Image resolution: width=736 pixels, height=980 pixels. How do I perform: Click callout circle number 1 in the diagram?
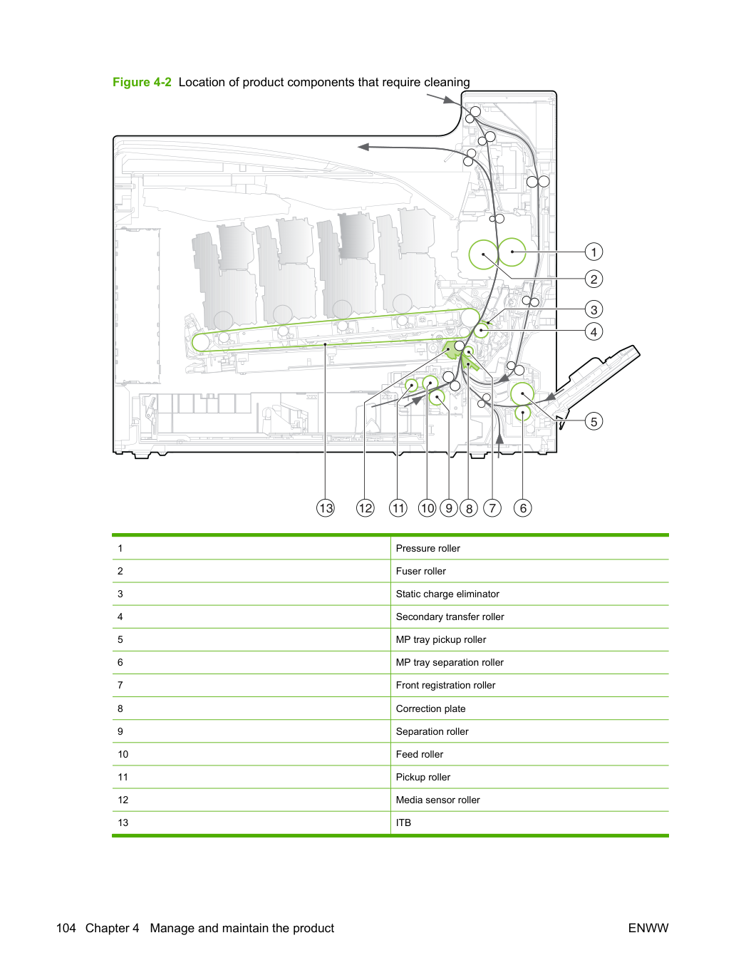point(594,252)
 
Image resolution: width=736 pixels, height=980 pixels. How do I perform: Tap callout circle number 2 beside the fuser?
point(594,279)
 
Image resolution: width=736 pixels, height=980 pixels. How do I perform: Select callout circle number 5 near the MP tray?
point(594,421)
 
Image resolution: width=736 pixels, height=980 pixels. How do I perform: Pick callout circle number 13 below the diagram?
point(326,507)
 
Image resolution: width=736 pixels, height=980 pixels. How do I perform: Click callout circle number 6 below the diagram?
point(522,507)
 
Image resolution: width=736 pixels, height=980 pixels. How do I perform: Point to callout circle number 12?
point(365,507)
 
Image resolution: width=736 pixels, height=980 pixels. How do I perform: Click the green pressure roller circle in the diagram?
point(512,252)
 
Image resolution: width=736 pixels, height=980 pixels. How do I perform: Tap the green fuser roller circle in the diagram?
point(483,254)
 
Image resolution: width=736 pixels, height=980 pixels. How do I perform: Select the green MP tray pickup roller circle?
point(522,394)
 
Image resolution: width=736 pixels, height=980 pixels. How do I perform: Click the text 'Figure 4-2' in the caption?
point(142,82)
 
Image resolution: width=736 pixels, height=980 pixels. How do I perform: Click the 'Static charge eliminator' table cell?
point(447,594)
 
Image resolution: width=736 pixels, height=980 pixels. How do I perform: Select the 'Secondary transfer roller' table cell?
point(450,617)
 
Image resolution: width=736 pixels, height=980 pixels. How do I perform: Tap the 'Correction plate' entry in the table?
point(430,708)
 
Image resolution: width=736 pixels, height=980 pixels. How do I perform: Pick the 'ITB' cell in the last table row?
point(403,822)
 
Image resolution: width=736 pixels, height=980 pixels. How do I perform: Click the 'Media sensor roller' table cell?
point(437,800)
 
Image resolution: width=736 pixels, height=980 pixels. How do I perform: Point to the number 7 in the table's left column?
point(120,685)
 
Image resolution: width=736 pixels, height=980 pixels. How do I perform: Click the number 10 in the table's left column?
point(123,754)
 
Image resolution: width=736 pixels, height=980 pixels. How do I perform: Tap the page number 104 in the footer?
point(66,928)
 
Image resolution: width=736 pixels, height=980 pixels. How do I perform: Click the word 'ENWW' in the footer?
point(648,928)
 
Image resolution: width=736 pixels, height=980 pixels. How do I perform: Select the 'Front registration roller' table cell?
point(445,685)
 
